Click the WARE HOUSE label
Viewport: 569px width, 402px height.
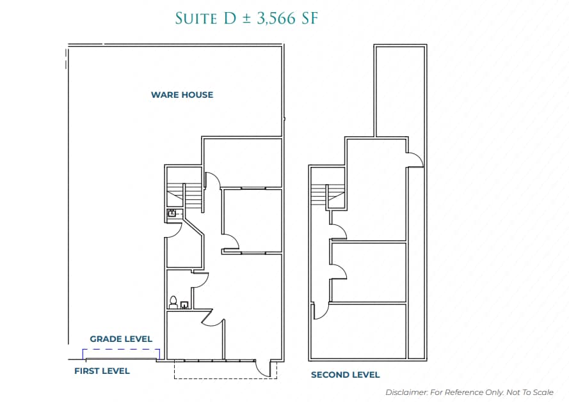click(x=182, y=95)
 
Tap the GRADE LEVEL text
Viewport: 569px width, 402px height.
click(x=121, y=339)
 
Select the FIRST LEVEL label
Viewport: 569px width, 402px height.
click(x=102, y=371)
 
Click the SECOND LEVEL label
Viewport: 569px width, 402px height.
click(x=345, y=375)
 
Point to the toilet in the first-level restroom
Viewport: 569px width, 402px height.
click(x=173, y=301)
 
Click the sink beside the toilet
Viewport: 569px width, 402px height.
click(x=184, y=305)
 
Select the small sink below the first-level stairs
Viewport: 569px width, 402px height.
click(x=172, y=213)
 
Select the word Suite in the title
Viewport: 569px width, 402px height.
click(x=196, y=19)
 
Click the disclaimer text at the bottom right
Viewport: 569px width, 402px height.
click(x=469, y=392)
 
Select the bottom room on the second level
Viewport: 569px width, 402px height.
click(x=369, y=331)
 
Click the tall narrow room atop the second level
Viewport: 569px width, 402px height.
click(x=400, y=89)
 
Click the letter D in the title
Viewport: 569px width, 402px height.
click(x=230, y=19)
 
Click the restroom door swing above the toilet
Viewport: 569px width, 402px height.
click(x=201, y=279)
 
